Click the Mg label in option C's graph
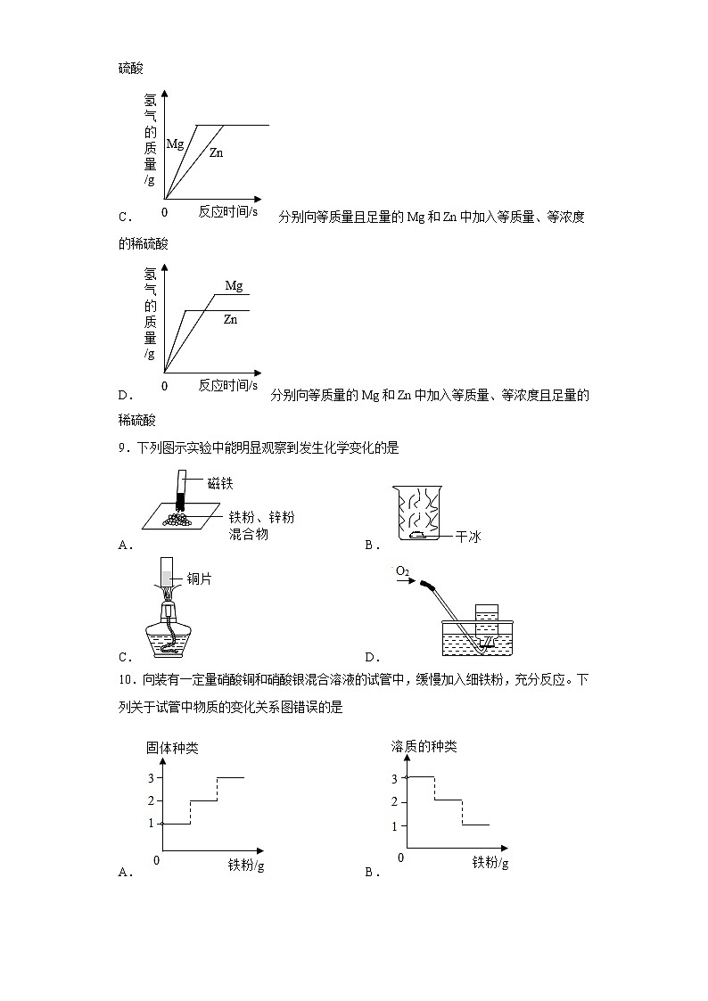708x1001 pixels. (x=175, y=143)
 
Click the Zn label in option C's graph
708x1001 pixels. (x=216, y=153)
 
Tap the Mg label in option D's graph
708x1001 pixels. (x=234, y=286)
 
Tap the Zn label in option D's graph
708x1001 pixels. (x=230, y=318)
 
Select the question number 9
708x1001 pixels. (x=122, y=448)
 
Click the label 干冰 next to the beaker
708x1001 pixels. (x=467, y=537)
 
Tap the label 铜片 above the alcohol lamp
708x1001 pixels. (x=199, y=579)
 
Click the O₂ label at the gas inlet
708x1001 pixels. (x=404, y=570)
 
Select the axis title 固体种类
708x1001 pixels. (x=172, y=747)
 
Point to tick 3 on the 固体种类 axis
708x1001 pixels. (x=152, y=778)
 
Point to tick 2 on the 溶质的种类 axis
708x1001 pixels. (x=393, y=802)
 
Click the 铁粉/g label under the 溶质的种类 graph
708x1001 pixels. (x=490, y=863)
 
